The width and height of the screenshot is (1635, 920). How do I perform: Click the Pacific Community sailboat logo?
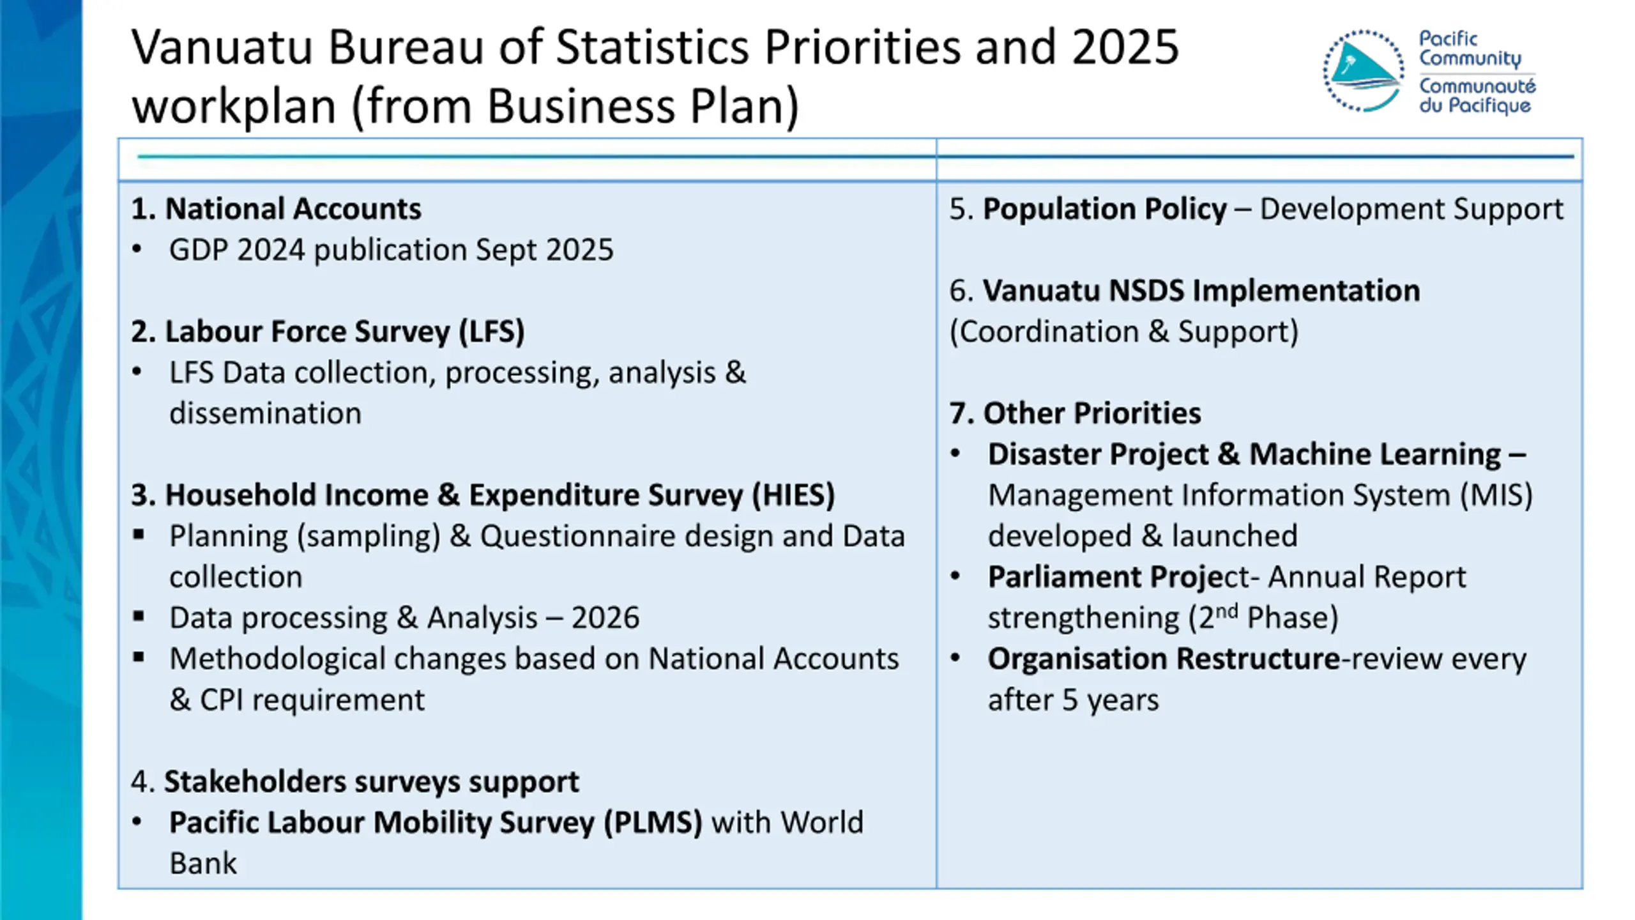1363,71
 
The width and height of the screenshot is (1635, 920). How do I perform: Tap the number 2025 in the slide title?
1125,47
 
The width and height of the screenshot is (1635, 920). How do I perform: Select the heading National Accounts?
293,209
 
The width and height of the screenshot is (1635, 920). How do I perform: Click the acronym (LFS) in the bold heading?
492,332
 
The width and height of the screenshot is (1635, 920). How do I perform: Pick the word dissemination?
265,413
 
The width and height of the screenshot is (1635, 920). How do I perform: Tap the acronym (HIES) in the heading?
793,495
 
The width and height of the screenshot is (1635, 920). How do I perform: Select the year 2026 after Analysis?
605,618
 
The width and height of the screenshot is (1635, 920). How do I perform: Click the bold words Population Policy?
1104,209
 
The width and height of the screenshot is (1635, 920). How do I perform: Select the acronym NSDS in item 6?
1146,291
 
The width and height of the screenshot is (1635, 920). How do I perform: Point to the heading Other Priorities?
1091,413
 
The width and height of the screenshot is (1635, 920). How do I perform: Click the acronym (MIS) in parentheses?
1496,495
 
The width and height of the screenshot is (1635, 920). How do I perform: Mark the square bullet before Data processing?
139,617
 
